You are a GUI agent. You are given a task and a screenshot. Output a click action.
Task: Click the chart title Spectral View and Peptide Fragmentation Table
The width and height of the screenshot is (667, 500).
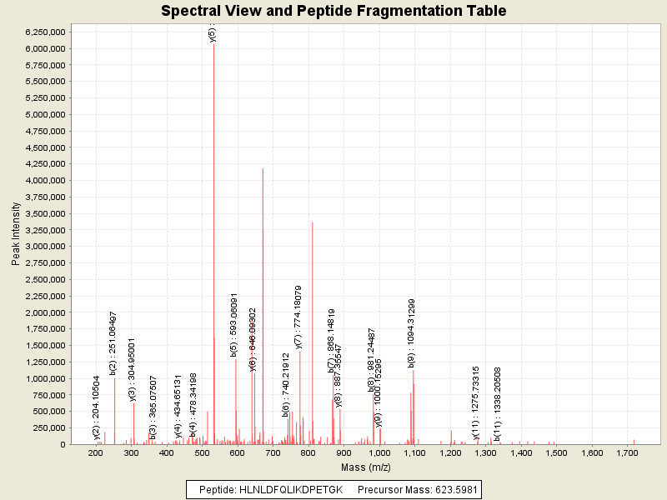coord(333,11)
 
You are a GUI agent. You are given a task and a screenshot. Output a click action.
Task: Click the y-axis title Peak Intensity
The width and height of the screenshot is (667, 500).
coord(15,237)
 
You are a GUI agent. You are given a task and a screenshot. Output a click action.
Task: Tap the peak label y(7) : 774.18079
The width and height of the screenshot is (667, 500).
coord(298,317)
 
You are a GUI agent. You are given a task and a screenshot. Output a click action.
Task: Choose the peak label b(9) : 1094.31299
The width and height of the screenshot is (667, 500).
coord(411,332)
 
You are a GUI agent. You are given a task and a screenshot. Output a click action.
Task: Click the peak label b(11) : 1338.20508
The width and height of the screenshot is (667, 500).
coord(497,403)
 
